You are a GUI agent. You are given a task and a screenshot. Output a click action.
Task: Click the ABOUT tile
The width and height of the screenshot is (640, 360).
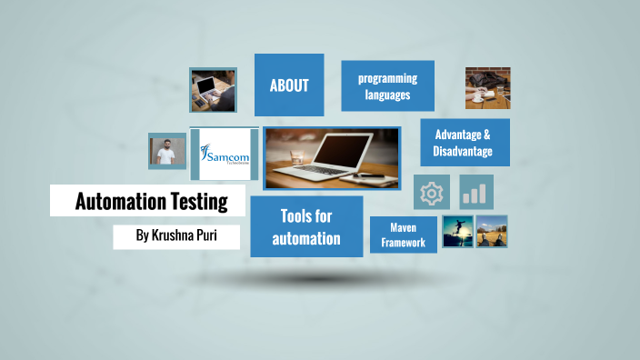289,86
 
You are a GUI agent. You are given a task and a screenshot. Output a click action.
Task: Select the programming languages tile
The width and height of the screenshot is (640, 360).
387,86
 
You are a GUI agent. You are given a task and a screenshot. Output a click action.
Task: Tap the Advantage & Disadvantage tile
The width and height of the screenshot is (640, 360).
464,143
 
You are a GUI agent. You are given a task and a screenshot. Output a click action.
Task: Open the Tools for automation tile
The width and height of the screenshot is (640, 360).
307,226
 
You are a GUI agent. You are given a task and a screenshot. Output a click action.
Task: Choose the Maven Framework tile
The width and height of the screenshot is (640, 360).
403,235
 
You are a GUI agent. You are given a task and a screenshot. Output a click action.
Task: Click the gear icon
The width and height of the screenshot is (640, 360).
431,193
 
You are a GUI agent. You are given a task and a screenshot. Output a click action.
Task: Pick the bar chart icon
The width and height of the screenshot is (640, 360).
475,193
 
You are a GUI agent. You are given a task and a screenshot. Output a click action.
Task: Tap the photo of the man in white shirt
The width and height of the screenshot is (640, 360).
166,151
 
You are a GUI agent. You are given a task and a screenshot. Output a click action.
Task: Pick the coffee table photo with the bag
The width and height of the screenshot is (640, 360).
487,88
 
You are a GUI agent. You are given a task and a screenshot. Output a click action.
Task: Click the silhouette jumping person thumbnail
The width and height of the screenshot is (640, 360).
456,232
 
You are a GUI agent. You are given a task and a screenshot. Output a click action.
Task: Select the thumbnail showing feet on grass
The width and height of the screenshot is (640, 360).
492,232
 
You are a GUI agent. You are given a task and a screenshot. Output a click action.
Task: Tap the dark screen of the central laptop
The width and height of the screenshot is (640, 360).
339,149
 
